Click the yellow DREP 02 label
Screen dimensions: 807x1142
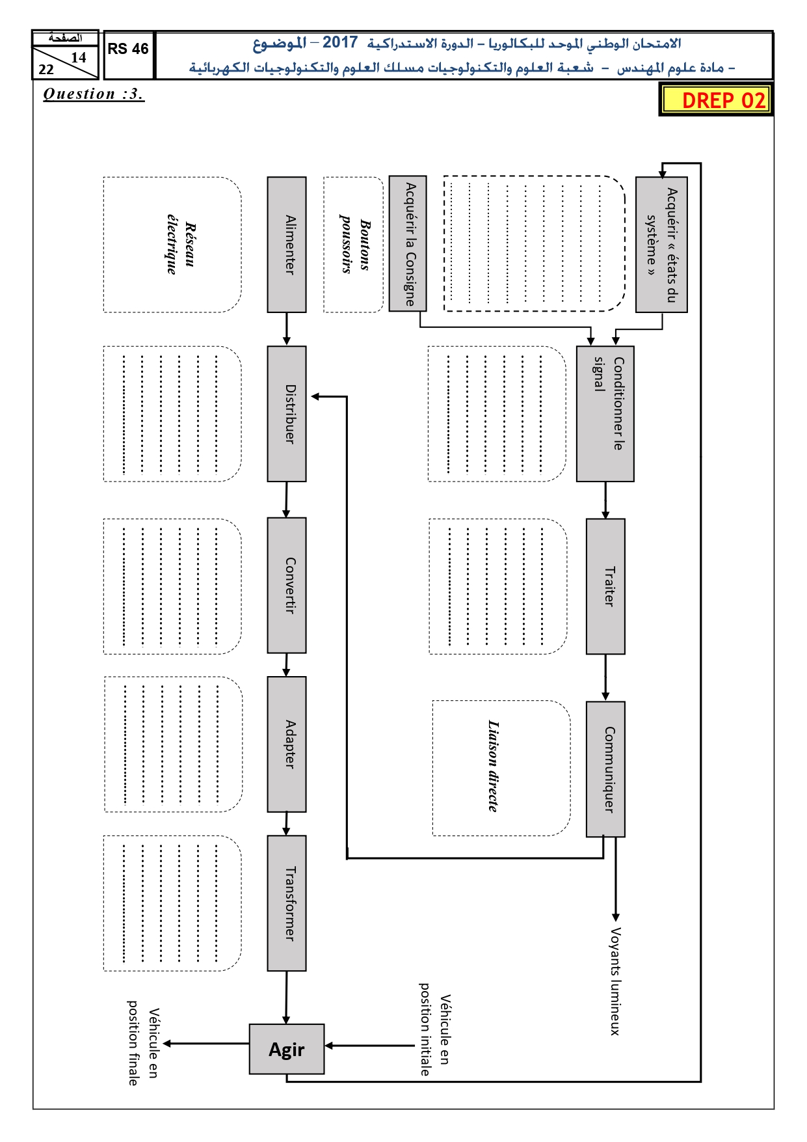716,100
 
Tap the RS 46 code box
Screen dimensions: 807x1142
128,55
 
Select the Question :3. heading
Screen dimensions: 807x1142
93,94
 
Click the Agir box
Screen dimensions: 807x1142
287,1049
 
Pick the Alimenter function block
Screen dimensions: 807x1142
287,245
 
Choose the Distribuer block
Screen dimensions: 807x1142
287,414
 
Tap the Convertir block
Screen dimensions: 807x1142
287,586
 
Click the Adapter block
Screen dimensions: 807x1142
287,744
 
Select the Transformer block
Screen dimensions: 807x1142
287,903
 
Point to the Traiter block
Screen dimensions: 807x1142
606,586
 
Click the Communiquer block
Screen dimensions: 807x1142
606,769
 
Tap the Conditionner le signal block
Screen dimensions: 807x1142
605,414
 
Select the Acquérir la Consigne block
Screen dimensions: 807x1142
408,243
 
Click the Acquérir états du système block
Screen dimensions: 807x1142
662,245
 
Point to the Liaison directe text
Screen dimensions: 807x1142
494,766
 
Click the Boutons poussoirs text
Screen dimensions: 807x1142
355,244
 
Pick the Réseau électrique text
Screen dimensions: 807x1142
181,244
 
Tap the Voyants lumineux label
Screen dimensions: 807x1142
615,981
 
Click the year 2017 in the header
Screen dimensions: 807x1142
340,43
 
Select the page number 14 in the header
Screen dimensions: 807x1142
79,57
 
